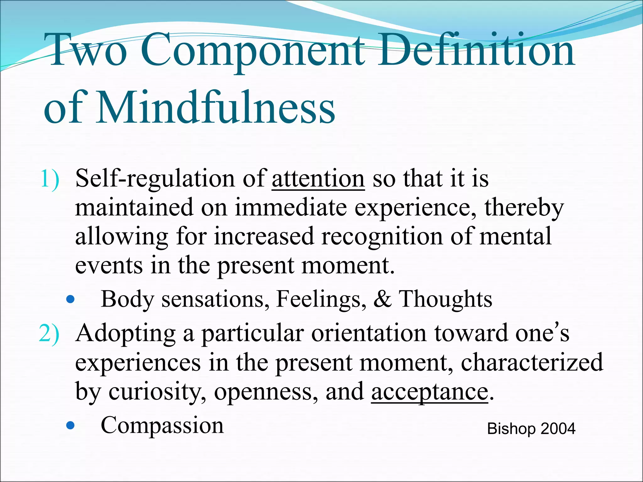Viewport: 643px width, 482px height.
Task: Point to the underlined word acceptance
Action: coord(429,392)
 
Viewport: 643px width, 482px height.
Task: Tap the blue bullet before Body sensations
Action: coord(71,300)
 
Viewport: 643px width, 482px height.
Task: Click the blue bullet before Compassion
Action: coord(71,426)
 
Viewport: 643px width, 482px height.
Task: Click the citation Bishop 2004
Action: coord(531,429)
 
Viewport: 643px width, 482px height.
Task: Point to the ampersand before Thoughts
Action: coord(382,299)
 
